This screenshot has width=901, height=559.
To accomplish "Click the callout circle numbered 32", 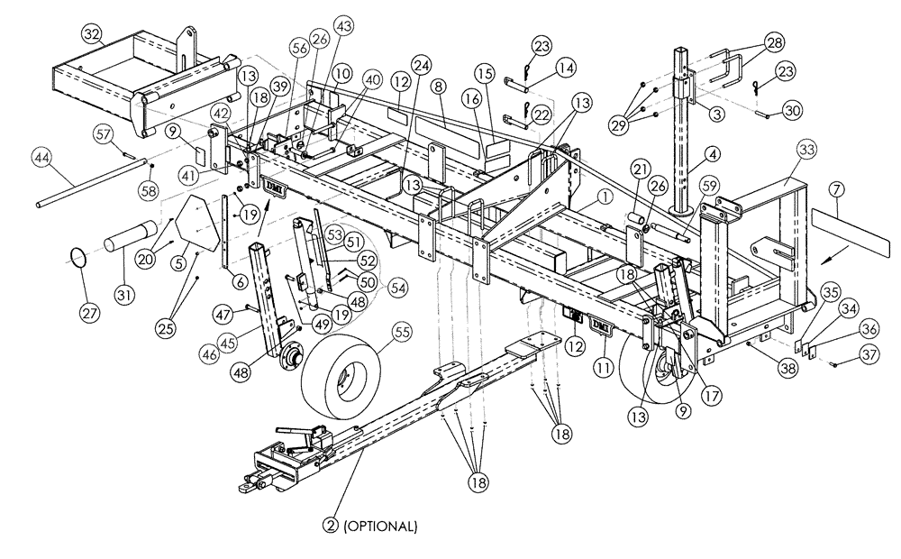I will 92,34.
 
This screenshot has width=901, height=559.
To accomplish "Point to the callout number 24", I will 421,64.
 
